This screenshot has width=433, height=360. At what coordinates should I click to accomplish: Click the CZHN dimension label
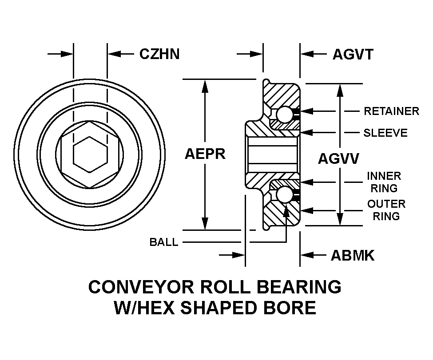point(159,54)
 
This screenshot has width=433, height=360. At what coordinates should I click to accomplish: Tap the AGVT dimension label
point(353,55)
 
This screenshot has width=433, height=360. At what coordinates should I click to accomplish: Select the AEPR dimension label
point(205,154)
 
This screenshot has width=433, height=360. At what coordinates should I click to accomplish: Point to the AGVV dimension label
point(338,159)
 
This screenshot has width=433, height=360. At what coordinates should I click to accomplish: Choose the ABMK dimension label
point(352,255)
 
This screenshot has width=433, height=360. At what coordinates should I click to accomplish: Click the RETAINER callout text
point(391,111)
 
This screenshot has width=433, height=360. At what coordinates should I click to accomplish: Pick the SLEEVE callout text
point(385,133)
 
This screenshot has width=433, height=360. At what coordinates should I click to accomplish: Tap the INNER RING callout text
point(384,182)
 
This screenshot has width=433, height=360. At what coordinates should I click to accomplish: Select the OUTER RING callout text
point(386,210)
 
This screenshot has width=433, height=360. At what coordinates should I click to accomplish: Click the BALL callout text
point(164,242)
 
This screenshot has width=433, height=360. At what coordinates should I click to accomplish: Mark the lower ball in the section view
point(284,195)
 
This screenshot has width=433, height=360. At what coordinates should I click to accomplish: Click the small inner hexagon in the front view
point(90,154)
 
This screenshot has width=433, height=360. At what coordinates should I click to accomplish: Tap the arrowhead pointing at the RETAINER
point(306,111)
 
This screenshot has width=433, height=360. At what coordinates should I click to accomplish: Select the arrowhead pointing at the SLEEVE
point(306,133)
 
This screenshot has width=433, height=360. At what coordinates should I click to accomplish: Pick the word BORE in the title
point(290,308)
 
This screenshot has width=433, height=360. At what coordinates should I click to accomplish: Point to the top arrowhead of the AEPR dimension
point(205,86)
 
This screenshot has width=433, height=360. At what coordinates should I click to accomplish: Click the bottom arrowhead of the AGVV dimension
point(340,219)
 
